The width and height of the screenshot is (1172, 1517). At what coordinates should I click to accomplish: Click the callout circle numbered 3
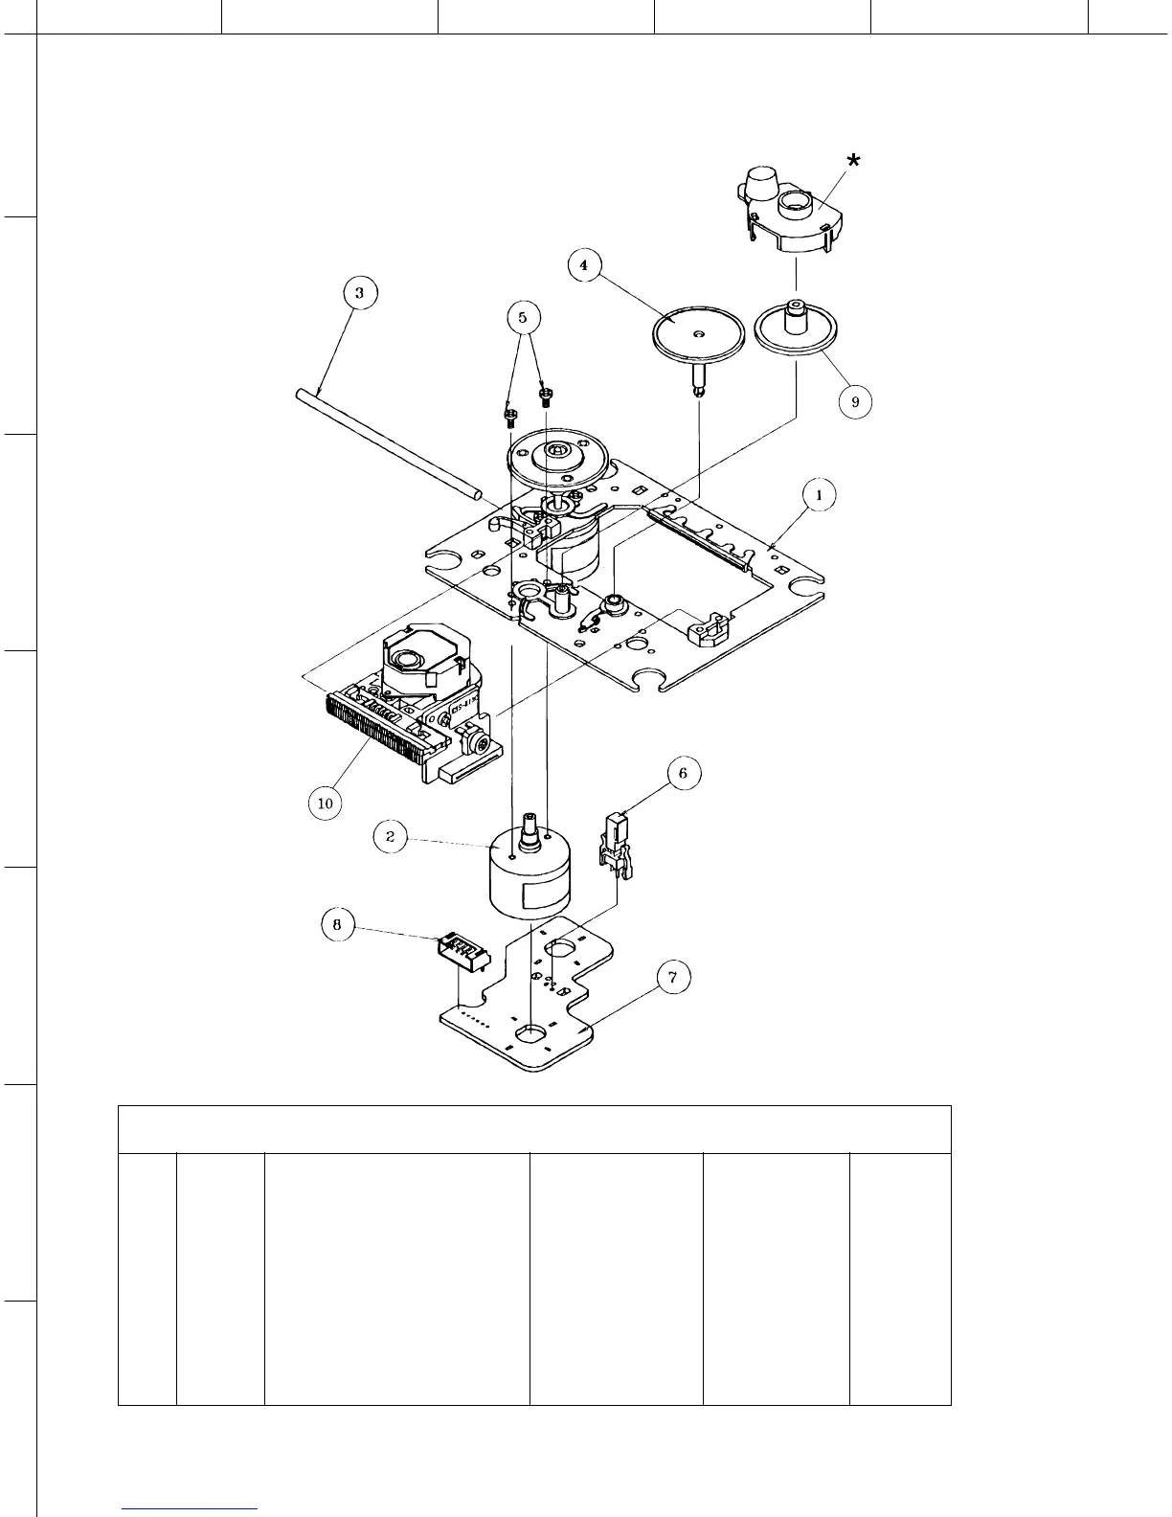(359, 293)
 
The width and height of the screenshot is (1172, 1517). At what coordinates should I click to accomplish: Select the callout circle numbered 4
(584, 265)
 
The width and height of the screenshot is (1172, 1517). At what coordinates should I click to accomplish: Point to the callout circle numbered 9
(855, 402)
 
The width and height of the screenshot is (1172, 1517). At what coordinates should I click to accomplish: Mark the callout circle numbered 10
(326, 803)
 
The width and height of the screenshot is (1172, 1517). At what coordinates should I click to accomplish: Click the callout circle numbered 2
(390, 836)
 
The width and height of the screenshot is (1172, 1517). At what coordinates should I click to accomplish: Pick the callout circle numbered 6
(683, 774)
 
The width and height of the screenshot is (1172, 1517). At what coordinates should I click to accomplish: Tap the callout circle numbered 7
(673, 978)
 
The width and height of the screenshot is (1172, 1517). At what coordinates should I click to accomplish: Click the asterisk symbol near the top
(852, 161)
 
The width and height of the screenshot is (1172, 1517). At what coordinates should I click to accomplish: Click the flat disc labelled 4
(698, 334)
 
